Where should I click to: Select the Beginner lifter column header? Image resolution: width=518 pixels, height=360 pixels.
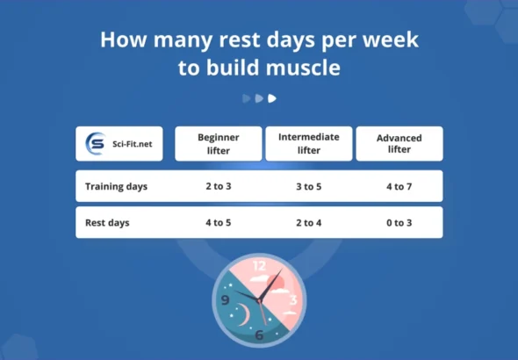pos(219,144)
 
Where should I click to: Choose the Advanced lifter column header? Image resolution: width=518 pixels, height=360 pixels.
pos(399,144)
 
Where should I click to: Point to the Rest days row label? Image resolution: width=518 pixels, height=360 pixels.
pos(107,223)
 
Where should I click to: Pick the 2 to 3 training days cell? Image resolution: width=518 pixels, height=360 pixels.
pos(219,186)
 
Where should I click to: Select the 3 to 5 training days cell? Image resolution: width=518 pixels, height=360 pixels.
pos(308,186)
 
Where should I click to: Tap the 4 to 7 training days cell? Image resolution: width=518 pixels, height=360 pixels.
pos(399,186)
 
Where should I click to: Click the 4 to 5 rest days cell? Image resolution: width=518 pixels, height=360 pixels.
pos(219,223)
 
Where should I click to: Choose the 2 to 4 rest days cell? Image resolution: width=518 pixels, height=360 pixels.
pos(308,223)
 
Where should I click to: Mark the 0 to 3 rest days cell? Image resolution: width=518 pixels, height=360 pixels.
pos(399,223)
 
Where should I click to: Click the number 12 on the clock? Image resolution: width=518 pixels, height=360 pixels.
pos(259,264)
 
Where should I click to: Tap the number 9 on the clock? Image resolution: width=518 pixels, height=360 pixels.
pos(226,300)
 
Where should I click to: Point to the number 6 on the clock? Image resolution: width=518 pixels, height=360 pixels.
pos(259,335)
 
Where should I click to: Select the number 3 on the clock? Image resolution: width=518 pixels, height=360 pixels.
pos(293,300)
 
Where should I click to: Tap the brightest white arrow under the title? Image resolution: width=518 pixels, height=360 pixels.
pos(272,98)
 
